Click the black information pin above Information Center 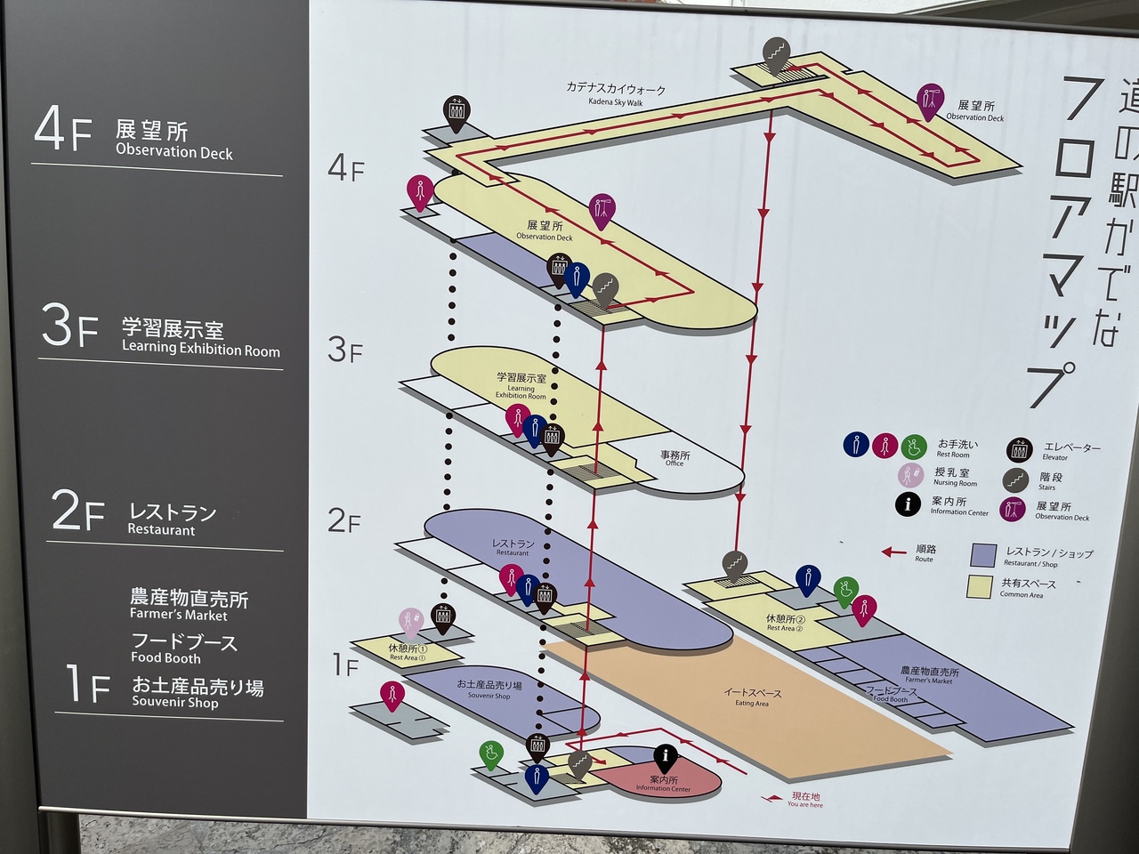[665, 759]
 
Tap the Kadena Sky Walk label [616, 94]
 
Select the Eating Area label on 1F [752, 697]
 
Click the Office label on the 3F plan [675, 458]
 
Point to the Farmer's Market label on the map [929, 675]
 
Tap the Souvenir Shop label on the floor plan [489, 689]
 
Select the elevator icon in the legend [1020, 451]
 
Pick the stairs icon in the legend [1015, 480]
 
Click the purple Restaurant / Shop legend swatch [983, 556]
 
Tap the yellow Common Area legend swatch [981, 586]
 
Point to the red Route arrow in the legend [894, 552]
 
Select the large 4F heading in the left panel [62, 131]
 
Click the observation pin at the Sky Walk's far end [931, 100]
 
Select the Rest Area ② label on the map [786, 623]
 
